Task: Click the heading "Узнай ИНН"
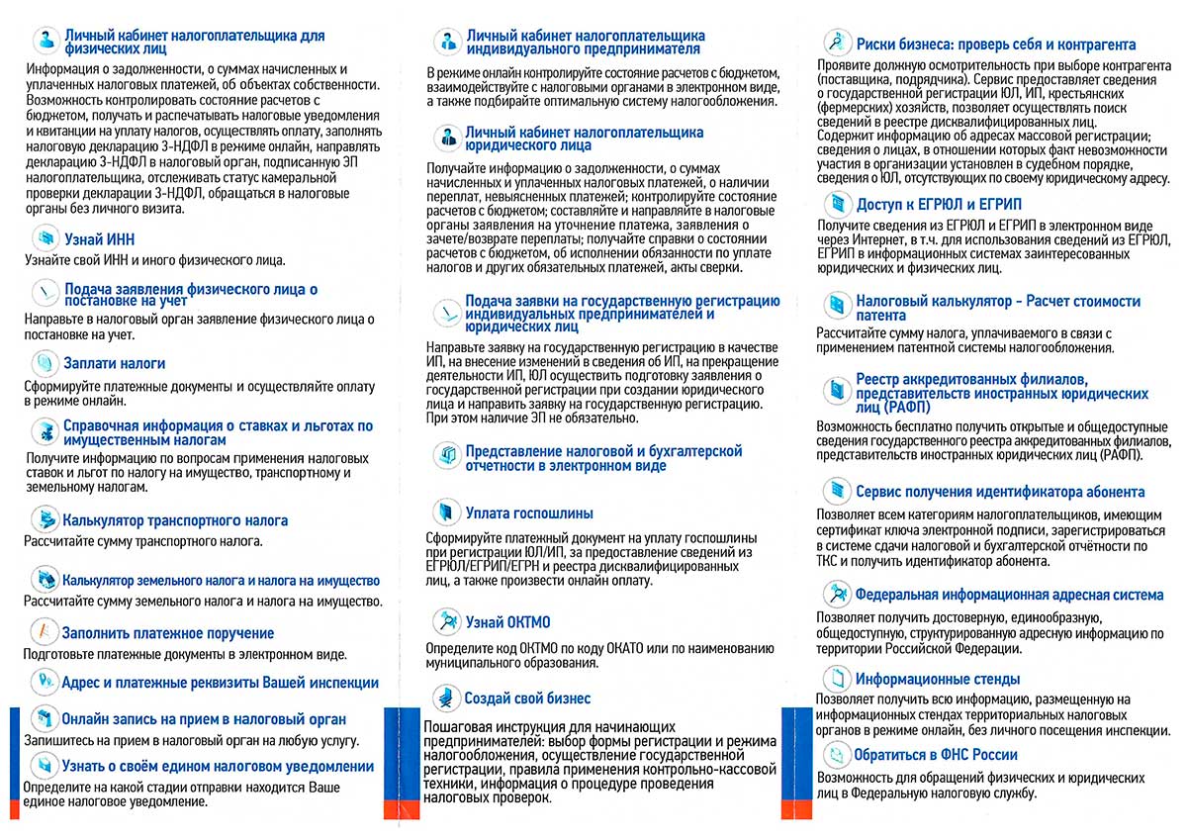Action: [99, 240]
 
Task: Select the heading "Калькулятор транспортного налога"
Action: [175, 520]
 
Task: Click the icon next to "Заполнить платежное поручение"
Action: [44, 632]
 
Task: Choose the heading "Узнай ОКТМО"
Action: [507, 621]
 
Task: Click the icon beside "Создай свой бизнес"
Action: [448, 698]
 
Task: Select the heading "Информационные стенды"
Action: [938, 680]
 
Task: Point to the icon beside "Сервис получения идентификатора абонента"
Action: [837, 492]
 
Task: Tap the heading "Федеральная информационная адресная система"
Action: [1010, 596]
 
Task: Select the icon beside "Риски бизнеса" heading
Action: [838, 43]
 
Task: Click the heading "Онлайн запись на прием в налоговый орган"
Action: [204, 719]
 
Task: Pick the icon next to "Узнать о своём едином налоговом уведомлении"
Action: [44, 765]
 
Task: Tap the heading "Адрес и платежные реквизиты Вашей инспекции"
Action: [220, 683]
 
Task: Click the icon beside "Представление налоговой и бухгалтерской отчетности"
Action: [447, 456]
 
